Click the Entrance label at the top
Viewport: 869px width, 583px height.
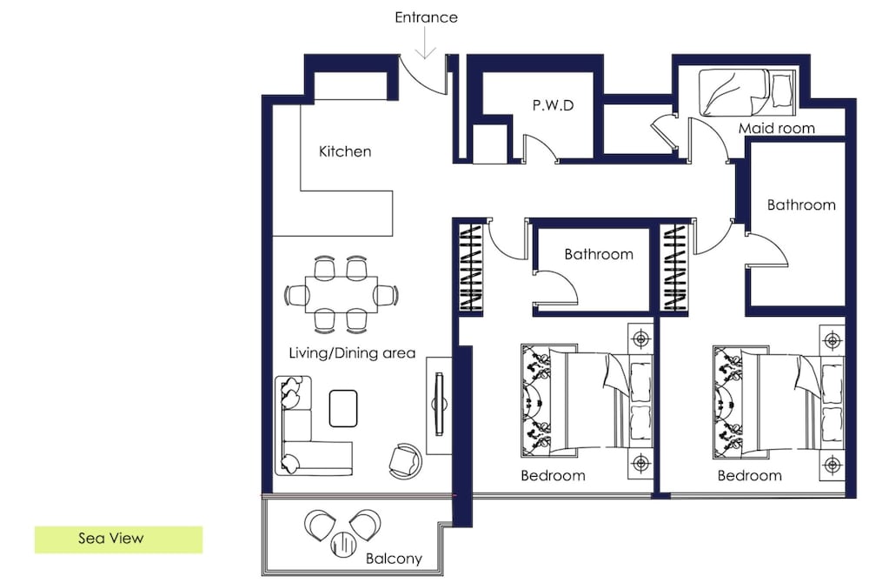(x=426, y=17)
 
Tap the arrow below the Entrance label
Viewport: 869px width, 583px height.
(x=426, y=43)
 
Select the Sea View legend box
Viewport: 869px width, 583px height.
(x=118, y=539)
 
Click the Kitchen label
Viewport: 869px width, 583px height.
(x=345, y=151)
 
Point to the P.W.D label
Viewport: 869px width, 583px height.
(x=553, y=105)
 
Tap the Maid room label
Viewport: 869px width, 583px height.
(x=776, y=128)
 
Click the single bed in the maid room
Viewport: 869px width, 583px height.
(x=746, y=92)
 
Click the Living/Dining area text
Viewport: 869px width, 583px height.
(x=352, y=352)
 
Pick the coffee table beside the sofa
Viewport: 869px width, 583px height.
(x=343, y=409)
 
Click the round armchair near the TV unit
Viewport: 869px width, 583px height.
(x=405, y=460)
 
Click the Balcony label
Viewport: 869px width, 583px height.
(x=394, y=559)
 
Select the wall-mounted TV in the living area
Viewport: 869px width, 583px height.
(x=440, y=404)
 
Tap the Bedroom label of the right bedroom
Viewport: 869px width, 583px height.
(x=749, y=475)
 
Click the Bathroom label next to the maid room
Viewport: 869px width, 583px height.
(x=801, y=204)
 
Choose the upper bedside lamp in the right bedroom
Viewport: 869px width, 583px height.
(x=832, y=339)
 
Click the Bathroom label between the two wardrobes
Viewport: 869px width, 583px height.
(x=599, y=254)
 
